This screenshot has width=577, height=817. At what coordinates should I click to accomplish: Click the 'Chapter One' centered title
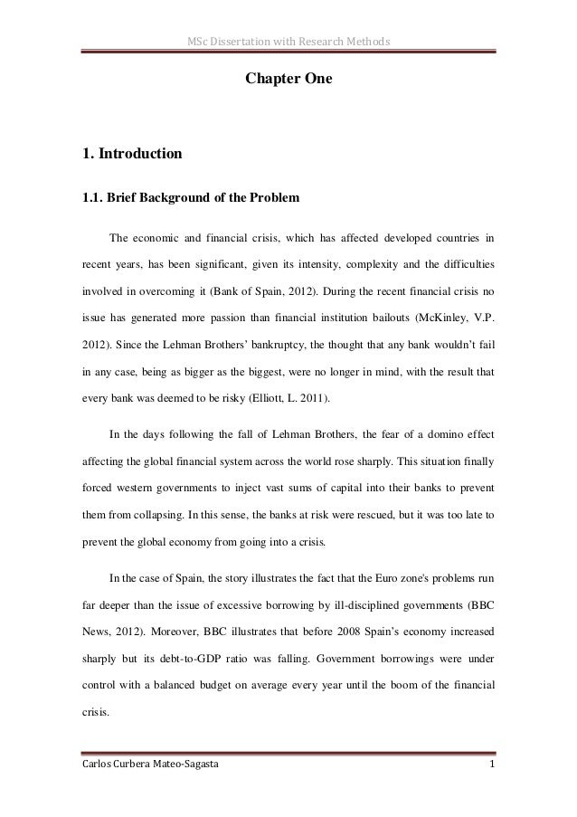click(x=288, y=81)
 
